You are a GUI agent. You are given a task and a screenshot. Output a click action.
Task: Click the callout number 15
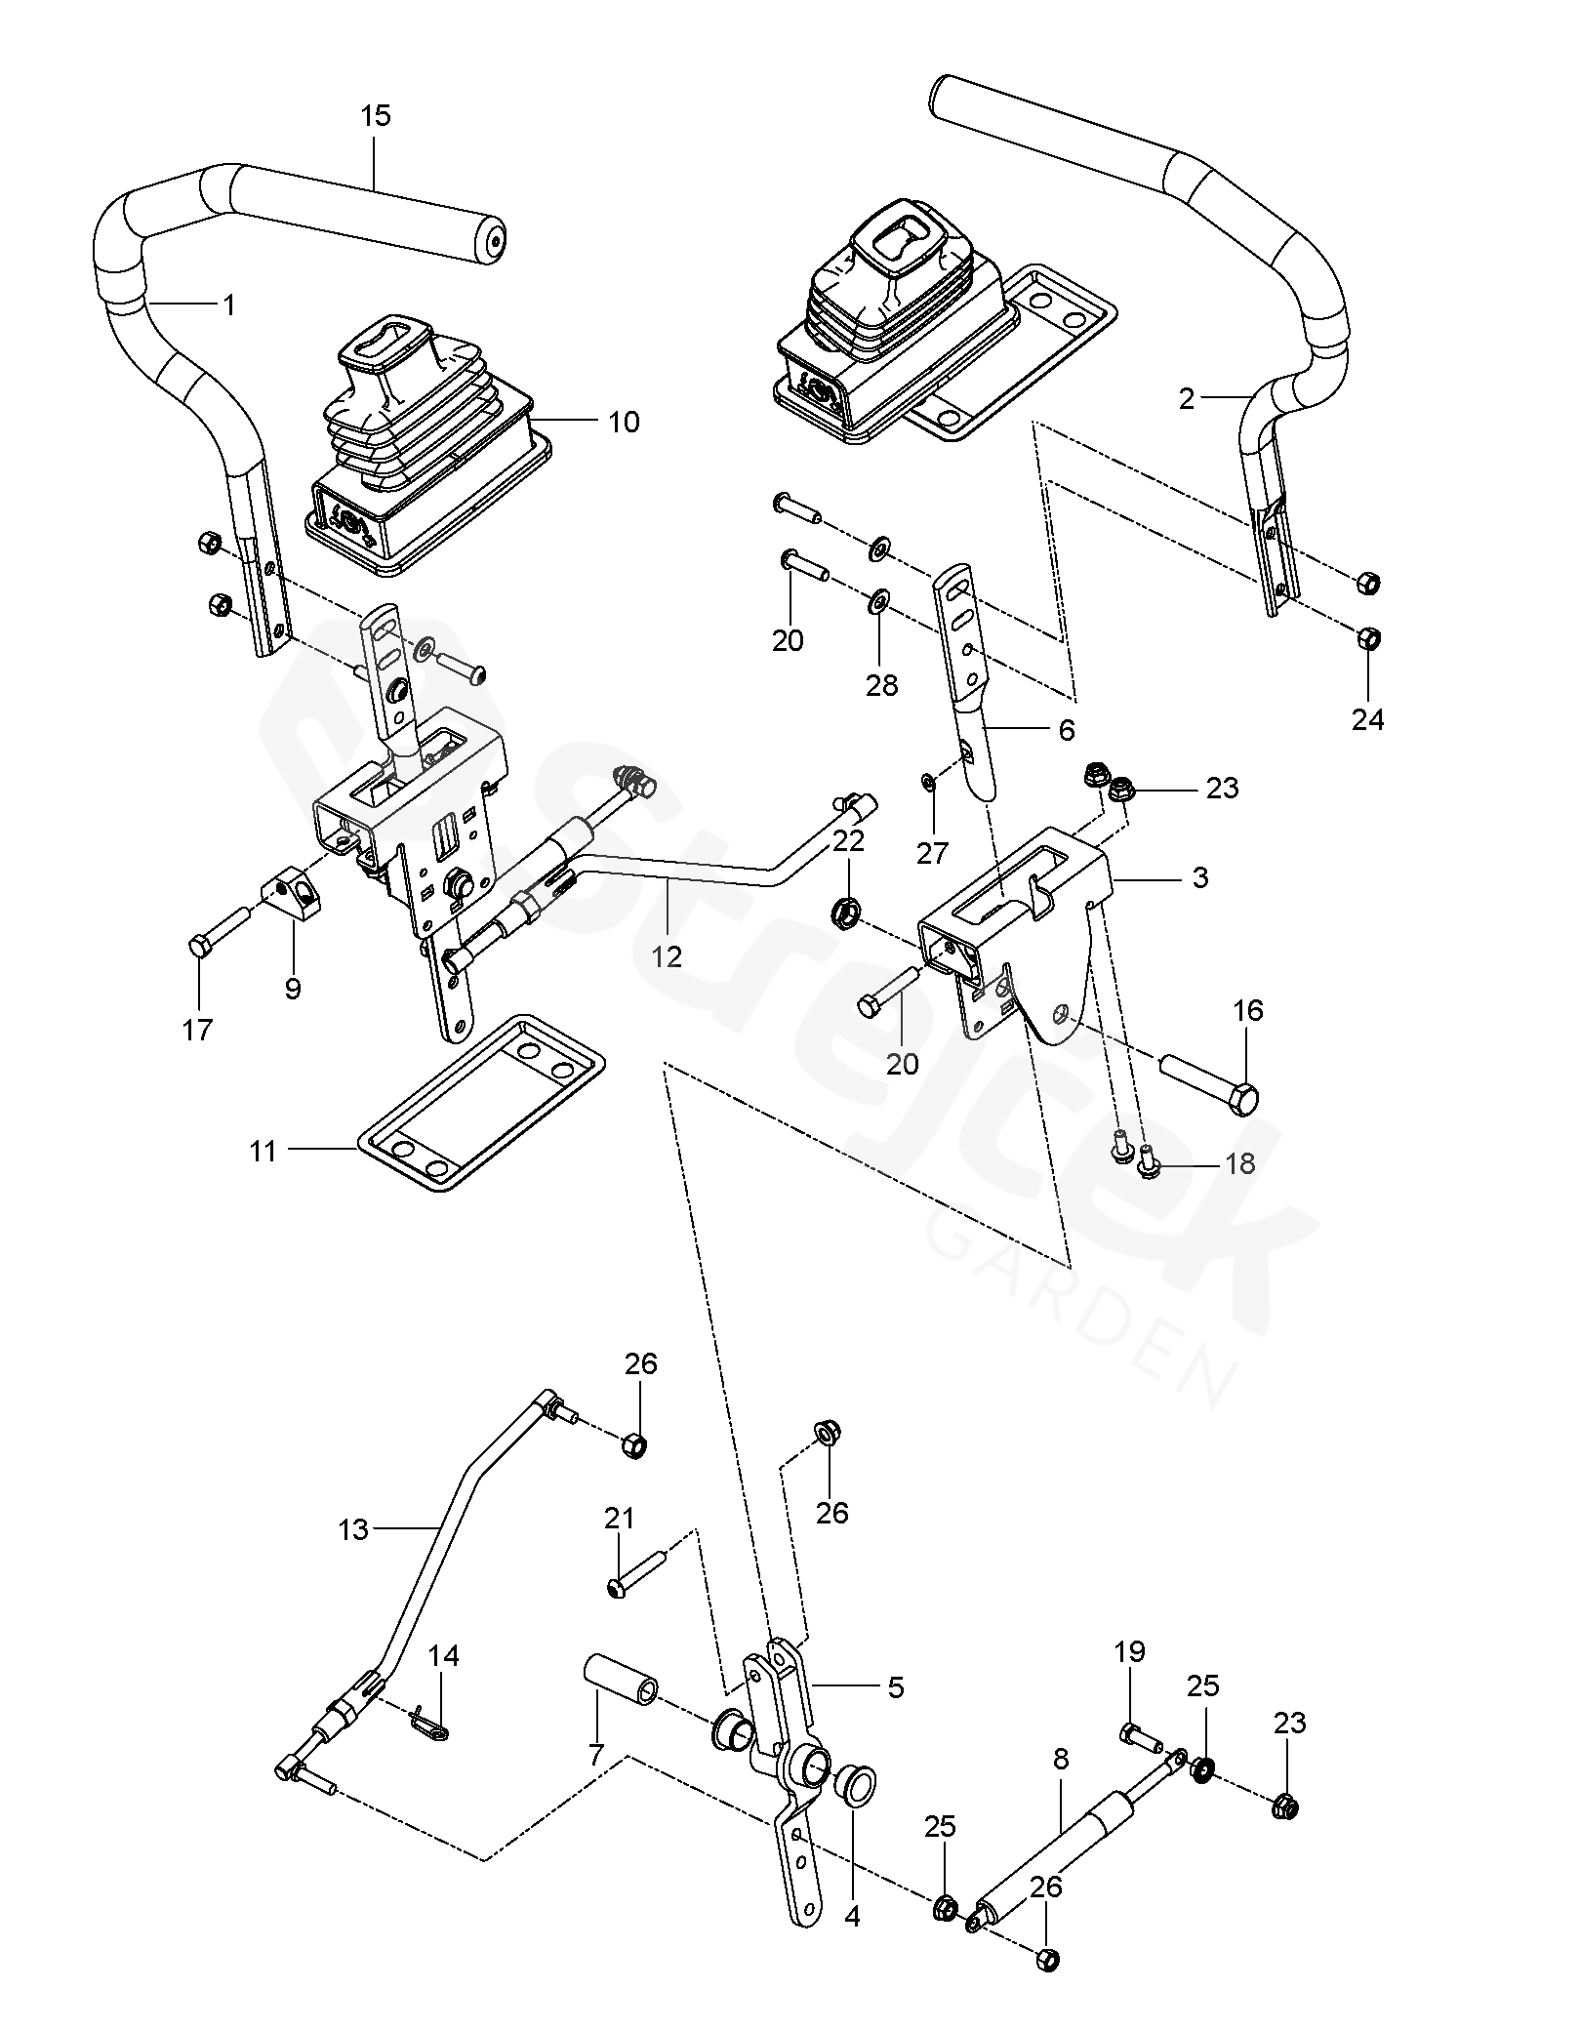(x=375, y=116)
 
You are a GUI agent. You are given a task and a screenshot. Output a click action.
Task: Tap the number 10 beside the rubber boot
(x=624, y=422)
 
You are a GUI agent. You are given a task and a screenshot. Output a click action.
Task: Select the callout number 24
(x=1367, y=719)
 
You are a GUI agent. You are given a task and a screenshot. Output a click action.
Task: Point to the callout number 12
(x=667, y=956)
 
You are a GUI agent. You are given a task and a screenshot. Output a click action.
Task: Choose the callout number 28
(x=881, y=685)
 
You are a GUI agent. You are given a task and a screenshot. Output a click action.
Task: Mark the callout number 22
(x=848, y=841)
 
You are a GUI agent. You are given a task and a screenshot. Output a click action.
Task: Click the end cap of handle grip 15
(x=495, y=243)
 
